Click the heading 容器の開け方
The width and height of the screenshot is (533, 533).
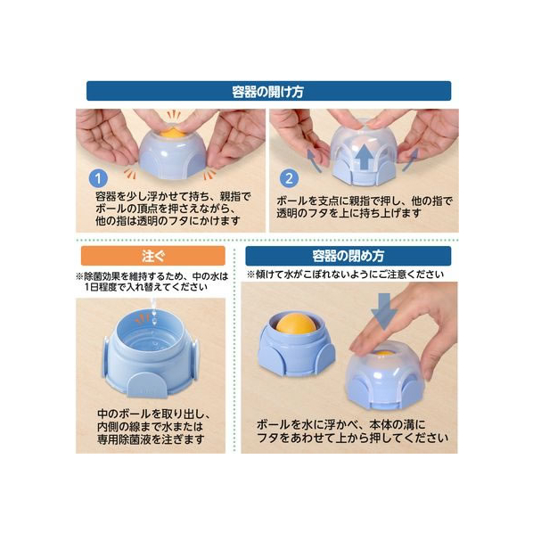coord(268,92)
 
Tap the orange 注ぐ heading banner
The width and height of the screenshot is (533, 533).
coord(153,256)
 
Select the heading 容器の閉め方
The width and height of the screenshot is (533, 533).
coord(348,256)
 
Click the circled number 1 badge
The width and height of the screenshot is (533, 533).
coord(98,178)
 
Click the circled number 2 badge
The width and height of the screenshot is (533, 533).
coord(290,178)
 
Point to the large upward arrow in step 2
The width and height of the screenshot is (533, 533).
coord(364,157)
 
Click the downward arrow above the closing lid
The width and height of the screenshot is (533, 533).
coord(384,312)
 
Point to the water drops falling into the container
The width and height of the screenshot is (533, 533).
coord(154,312)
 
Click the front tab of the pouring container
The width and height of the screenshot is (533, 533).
coord(148,384)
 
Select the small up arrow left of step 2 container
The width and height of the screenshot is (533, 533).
coord(314,161)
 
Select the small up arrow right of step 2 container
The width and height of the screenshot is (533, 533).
coord(410,160)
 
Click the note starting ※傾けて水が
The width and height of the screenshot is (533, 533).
coord(345,275)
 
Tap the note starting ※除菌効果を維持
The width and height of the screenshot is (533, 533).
coord(152,282)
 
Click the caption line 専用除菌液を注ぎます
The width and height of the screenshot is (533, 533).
coord(151,439)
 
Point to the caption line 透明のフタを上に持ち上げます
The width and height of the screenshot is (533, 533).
coord(348,213)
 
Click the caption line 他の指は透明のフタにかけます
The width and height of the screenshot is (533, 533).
coord(168,221)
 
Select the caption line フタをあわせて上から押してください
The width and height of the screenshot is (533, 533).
coord(352,438)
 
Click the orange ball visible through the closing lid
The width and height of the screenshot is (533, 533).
coord(384,354)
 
